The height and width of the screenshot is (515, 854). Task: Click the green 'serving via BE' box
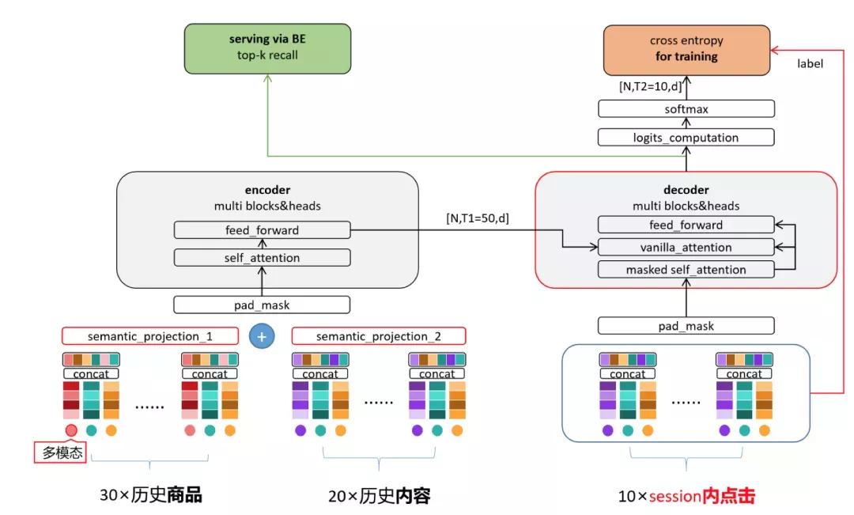pos(267,48)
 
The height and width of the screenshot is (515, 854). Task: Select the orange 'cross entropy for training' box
pos(686,49)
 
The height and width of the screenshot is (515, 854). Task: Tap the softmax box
pos(686,109)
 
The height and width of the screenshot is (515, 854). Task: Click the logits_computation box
pos(686,138)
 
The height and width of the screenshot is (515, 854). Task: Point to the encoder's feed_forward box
pos(262,230)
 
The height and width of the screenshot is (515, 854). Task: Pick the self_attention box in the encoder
pos(262,258)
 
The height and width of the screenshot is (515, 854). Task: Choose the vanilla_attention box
pos(686,248)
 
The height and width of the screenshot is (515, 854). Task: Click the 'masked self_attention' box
pos(686,270)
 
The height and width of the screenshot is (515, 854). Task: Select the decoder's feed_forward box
pos(686,225)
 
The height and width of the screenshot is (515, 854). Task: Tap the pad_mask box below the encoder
pos(262,304)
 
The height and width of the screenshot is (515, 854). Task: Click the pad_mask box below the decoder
pos(686,325)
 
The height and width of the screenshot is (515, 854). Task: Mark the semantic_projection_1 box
pos(149,335)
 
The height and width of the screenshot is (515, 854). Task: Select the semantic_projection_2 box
pos(379,335)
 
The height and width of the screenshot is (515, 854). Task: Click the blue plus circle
pos(262,335)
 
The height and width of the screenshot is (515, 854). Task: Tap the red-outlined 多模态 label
pos(60,453)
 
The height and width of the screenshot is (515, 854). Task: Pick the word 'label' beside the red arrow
pos(810,63)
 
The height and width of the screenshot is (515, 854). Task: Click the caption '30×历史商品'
pos(150,496)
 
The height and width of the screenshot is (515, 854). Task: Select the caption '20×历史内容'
pos(380,496)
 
